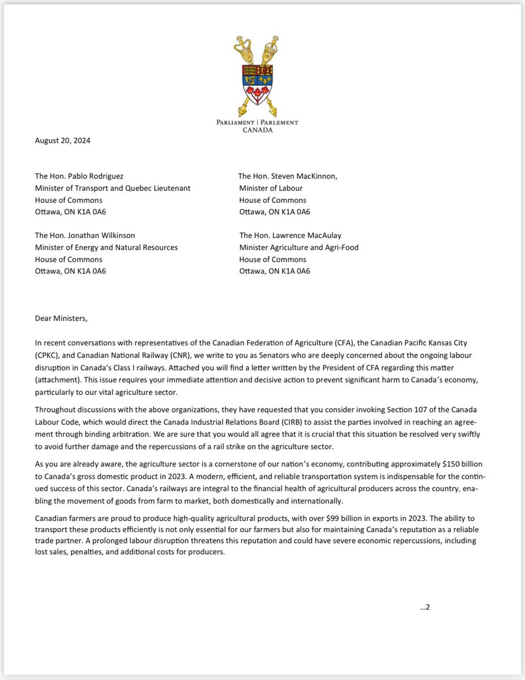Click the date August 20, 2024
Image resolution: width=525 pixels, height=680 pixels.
pyautogui.click(x=62, y=141)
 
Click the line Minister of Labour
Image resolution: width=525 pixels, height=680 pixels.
pyautogui.click(x=271, y=188)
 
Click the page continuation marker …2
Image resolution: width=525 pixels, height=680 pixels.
pyautogui.click(x=425, y=607)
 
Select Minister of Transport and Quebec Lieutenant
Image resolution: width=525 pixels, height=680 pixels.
pyautogui.click(x=113, y=188)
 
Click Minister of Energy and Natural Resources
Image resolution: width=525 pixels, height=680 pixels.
pyautogui.click(x=106, y=247)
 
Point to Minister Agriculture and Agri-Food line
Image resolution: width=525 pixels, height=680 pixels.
pyautogui.click(x=298, y=247)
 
